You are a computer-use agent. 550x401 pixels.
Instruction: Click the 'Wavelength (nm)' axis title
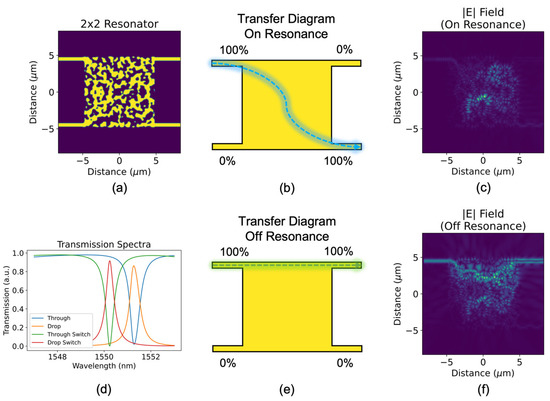pyautogui.click(x=98, y=367)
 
